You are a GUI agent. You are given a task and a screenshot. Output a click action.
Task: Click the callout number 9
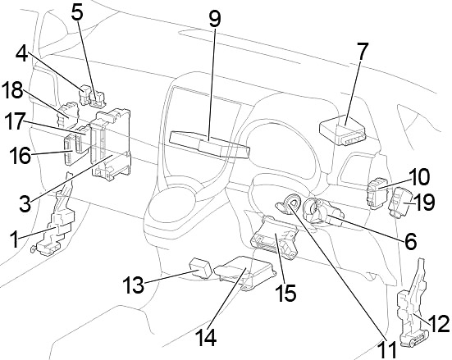click(x=215, y=18)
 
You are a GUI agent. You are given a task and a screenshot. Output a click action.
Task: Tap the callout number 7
click(x=362, y=52)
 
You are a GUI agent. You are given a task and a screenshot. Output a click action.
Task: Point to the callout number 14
click(x=207, y=337)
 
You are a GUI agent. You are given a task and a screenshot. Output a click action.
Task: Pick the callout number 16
click(x=20, y=154)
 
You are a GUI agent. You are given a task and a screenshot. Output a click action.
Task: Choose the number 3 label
click(x=25, y=203)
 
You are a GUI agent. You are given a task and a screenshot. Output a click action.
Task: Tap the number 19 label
click(x=424, y=202)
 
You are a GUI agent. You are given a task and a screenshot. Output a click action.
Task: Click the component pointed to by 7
click(x=342, y=130)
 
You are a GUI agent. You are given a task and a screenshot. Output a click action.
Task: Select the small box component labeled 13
click(x=200, y=269)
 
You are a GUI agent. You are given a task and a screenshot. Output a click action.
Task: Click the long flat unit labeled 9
click(x=210, y=145)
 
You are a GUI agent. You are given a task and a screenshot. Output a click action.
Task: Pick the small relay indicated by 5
click(x=98, y=99)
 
